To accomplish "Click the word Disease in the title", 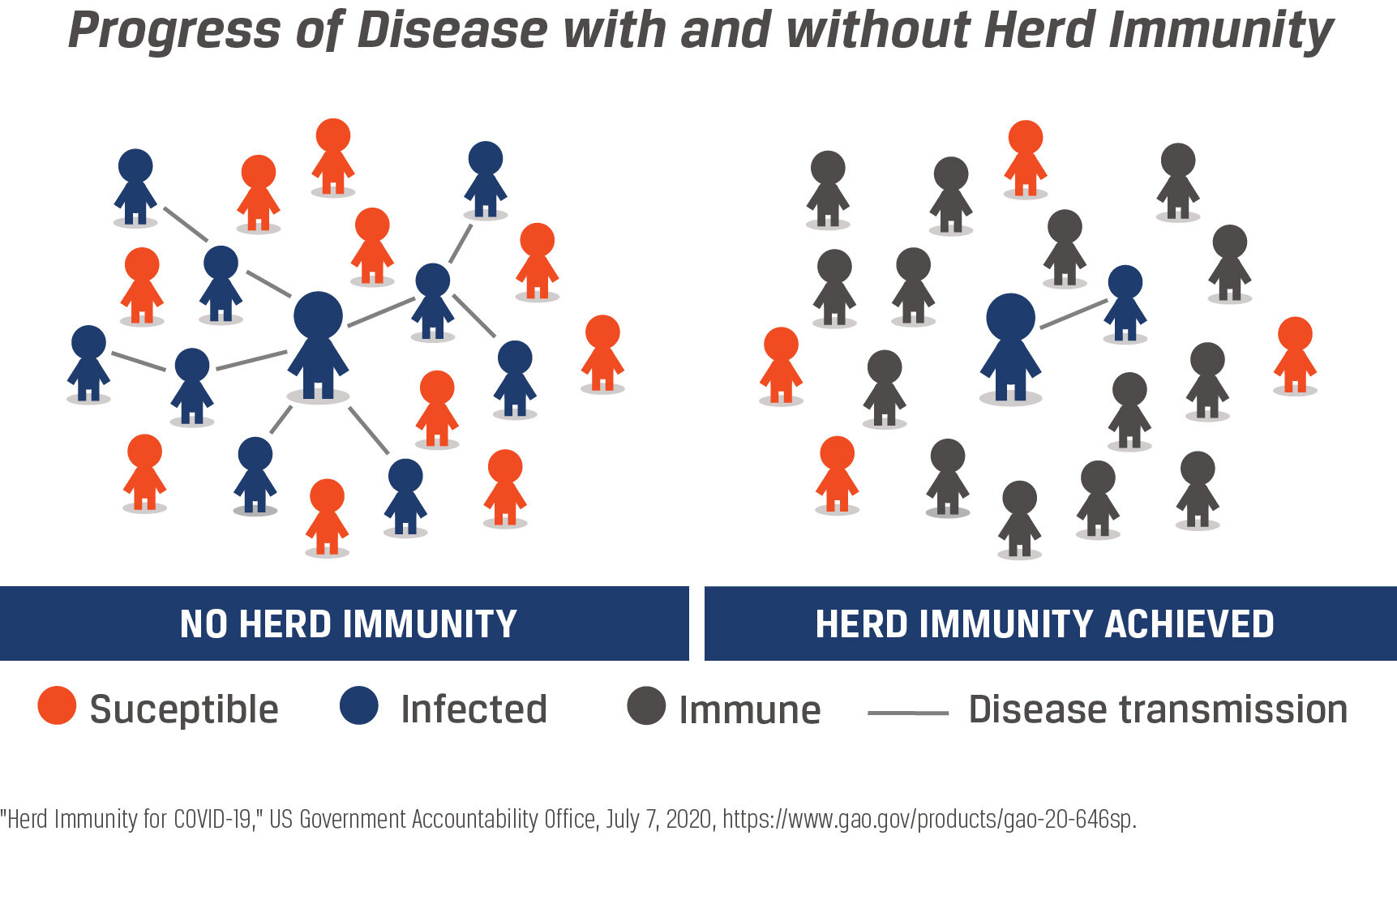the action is (452, 31).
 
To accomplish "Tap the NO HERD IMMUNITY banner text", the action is (349, 624).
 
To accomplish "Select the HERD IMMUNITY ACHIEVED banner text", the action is (1045, 624).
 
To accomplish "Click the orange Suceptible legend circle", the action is (57, 705).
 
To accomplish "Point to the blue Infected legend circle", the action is (359, 705).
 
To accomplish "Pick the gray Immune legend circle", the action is (646, 705).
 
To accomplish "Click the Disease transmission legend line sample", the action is (908, 713).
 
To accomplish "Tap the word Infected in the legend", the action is (474, 709).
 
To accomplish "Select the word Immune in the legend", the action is (750, 710).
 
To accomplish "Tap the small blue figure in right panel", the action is (1125, 303).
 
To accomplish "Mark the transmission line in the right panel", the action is (1073, 314).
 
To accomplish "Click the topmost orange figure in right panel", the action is (1026, 159).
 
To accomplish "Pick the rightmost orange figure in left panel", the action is (602, 353).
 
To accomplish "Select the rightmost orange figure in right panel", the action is (1295, 355).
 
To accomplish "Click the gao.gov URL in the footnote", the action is (929, 820).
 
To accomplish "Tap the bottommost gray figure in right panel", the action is (1020, 519).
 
